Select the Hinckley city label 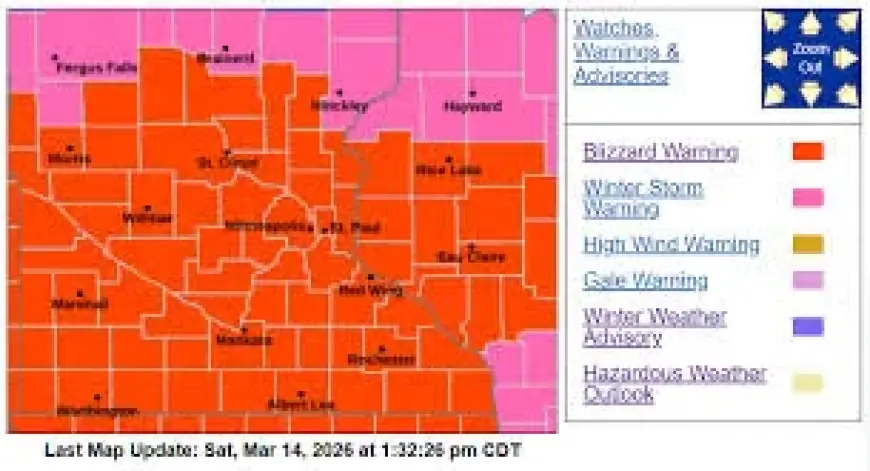(339, 104)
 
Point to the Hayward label (472, 106)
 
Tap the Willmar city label (147, 218)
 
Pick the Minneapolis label (268, 226)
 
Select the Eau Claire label (471, 257)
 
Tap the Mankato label (243, 339)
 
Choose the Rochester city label (381, 359)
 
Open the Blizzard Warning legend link (660, 152)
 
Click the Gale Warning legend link (645, 281)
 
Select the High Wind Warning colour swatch (808, 244)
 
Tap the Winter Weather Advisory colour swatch (808, 326)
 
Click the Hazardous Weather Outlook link (674, 383)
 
